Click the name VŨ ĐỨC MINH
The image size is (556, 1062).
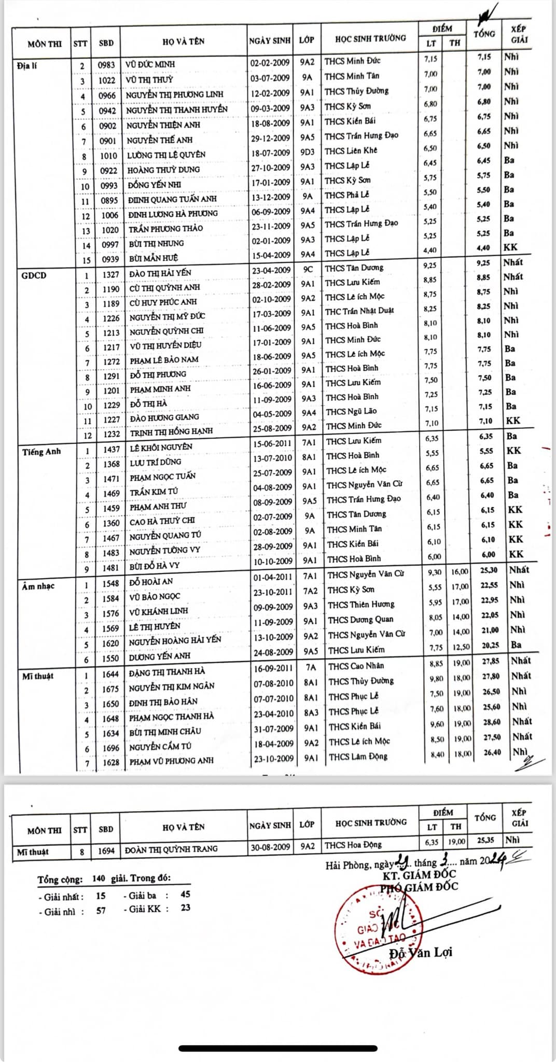[x=150, y=64]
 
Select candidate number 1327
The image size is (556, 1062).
[x=110, y=274]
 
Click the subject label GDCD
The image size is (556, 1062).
[x=34, y=275]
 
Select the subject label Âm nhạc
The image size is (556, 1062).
[x=38, y=586]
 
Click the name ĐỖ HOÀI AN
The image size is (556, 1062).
[x=151, y=582]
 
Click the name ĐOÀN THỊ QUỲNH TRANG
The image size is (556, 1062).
[x=171, y=849]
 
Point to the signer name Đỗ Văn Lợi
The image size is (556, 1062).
[x=421, y=952]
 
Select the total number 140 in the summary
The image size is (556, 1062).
[x=99, y=878]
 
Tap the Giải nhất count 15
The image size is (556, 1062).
[x=101, y=896]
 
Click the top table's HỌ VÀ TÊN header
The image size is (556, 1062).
[x=183, y=41]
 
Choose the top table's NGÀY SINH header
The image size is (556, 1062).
[x=270, y=40]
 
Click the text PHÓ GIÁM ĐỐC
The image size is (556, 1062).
[x=419, y=887]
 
